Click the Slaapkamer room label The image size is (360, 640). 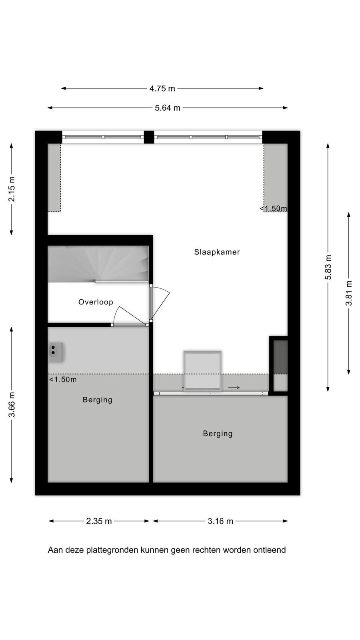(217, 252)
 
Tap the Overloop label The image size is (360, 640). (96, 302)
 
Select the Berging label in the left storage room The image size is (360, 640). (98, 400)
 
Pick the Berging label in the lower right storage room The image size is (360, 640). (218, 434)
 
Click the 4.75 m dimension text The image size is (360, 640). (162, 88)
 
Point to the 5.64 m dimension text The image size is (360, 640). (168, 108)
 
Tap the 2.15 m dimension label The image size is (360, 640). (12, 189)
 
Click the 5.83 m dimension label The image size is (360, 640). (328, 267)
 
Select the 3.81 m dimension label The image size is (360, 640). (349, 293)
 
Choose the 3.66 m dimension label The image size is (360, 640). (12, 404)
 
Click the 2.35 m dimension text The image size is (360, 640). (99, 521)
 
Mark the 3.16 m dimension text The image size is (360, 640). (220, 521)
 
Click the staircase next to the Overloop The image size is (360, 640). (98, 264)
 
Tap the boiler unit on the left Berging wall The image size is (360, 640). (56, 352)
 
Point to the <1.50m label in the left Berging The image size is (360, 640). (63, 380)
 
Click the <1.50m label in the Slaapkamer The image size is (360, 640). (274, 208)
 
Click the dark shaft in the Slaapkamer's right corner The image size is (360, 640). (280, 357)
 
